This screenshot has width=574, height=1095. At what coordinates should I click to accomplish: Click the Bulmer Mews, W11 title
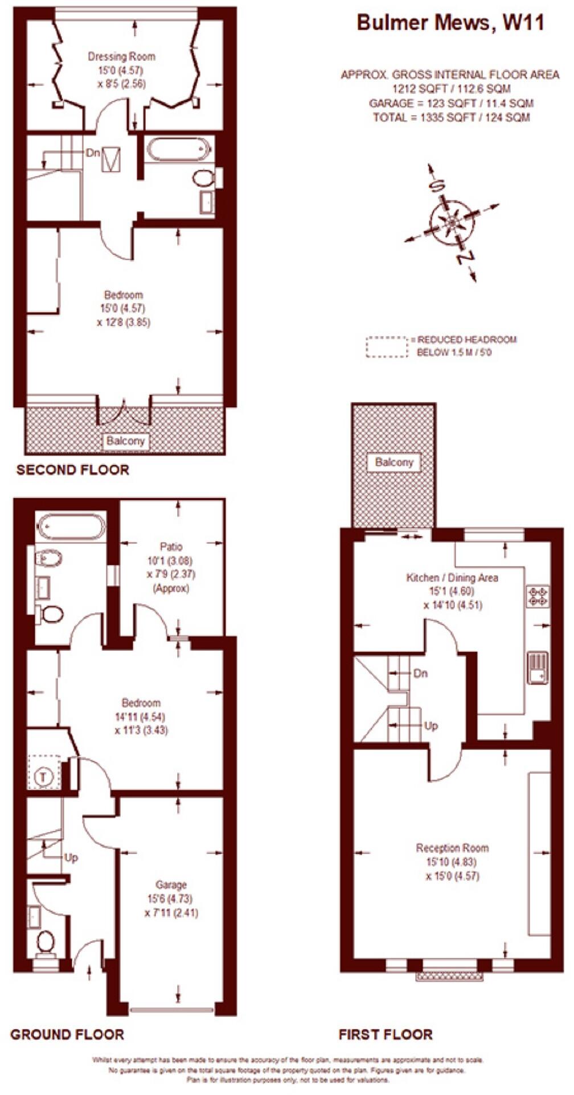click(x=450, y=23)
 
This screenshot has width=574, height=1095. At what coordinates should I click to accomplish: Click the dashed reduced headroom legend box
click(x=387, y=347)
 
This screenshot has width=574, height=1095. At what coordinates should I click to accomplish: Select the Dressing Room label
click(x=121, y=56)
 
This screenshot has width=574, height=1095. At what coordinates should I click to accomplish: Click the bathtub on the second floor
click(x=178, y=150)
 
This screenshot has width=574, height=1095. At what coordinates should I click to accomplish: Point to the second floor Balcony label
click(x=126, y=441)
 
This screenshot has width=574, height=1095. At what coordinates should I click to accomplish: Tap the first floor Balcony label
click(x=394, y=462)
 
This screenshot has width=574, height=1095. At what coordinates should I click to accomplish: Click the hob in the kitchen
click(x=538, y=596)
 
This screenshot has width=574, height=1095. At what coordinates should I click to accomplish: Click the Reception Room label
click(x=452, y=848)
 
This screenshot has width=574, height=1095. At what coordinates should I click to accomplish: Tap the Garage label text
click(x=171, y=885)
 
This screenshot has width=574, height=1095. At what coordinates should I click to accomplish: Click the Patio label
click(x=171, y=547)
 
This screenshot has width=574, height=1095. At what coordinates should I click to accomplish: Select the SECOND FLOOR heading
click(x=73, y=470)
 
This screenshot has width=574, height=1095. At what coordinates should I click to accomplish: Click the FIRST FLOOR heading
click(x=386, y=1035)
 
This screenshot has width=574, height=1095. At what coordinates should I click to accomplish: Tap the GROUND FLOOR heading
click(x=67, y=1035)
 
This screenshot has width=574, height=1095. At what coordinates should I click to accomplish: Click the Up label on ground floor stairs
click(x=71, y=858)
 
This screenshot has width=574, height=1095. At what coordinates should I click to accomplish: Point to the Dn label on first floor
click(x=420, y=674)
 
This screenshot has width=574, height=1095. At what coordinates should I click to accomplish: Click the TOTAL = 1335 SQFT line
click(x=451, y=118)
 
